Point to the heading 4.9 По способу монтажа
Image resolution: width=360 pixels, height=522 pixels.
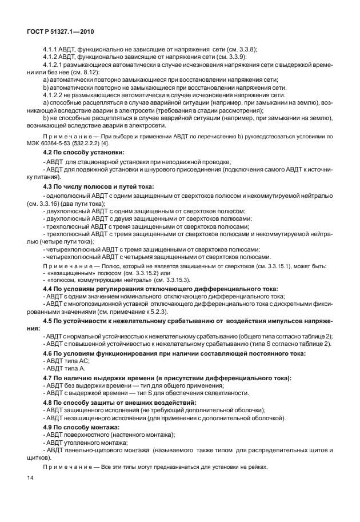82,427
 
